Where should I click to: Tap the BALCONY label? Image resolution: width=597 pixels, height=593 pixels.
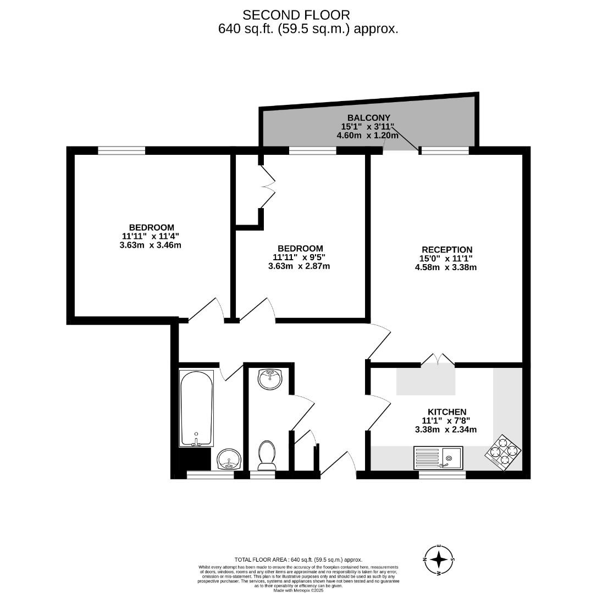click(x=368, y=118)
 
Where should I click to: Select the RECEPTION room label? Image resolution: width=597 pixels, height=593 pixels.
click(x=447, y=249)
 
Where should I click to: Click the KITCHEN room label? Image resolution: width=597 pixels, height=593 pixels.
click(x=447, y=412)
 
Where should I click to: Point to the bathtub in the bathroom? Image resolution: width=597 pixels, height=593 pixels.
click(x=196, y=408)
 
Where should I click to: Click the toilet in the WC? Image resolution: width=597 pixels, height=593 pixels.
click(x=267, y=455)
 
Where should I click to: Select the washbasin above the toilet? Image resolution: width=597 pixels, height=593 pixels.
click(x=269, y=379)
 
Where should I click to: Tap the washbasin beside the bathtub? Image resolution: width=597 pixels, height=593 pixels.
click(x=228, y=458)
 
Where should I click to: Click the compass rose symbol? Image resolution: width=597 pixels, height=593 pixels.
click(x=439, y=560)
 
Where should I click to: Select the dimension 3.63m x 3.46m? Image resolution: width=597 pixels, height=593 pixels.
click(x=150, y=245)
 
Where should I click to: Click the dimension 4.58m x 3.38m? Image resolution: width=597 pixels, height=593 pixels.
click(x=445, y=267)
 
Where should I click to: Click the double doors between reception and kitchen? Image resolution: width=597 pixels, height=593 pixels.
click(x=438, y=360)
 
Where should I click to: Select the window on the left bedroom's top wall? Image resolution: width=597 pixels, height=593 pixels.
click(x=121, y=150)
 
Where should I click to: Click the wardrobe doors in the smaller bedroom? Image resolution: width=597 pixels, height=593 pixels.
click(x=268, y=187)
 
